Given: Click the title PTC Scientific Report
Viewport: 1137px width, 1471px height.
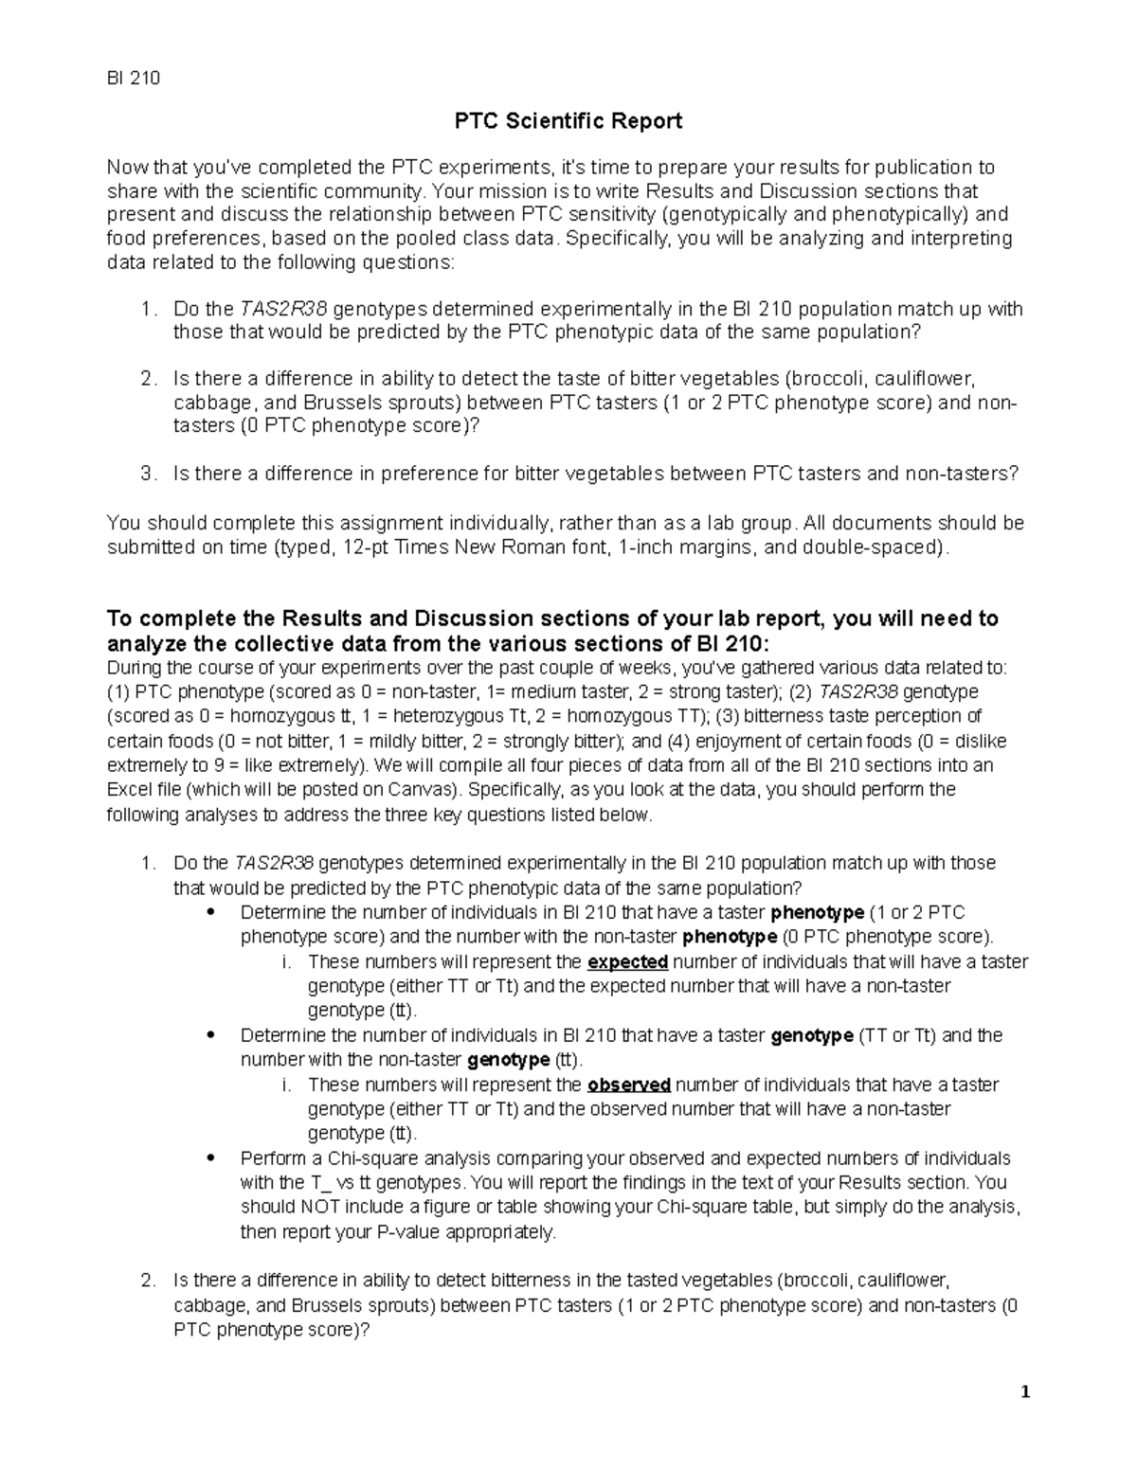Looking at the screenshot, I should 568,121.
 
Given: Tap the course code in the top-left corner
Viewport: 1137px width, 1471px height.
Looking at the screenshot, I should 133,78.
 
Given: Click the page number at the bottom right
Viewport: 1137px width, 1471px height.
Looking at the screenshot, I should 1024,1392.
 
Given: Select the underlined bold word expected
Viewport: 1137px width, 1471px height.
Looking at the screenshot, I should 628,962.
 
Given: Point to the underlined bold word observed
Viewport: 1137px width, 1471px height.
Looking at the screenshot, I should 629,1085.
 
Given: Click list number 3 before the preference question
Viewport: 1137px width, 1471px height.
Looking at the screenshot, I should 146,474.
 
